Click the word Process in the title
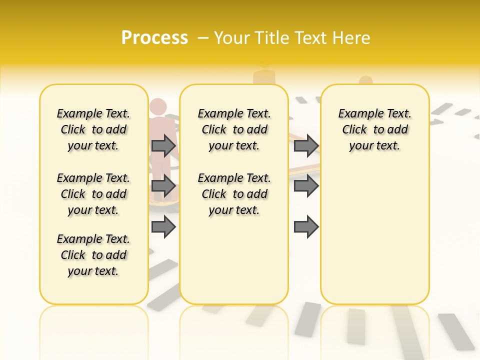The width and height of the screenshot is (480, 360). point(154,38)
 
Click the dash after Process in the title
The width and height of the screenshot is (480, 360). point(203,38)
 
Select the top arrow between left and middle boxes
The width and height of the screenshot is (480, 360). point(163,145)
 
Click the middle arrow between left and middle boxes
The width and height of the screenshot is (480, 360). point(163,186)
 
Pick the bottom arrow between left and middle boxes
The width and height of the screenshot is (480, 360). point(163,227)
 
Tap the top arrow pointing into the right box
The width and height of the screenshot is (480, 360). point(306,145)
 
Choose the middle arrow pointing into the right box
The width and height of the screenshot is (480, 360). point(306,186)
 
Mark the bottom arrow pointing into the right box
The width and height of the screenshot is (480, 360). point(306,227)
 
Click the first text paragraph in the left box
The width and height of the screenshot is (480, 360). point(93,129)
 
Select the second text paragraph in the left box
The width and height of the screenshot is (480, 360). point(93,194)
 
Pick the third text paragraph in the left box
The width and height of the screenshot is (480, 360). point(93,255)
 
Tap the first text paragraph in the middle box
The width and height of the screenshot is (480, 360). point(234,129)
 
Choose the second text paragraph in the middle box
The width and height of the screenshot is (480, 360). point(234,194)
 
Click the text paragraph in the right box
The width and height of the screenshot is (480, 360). point(375,129)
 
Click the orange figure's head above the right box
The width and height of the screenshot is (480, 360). point(365,81)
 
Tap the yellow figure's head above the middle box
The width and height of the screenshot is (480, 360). point(264,64)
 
